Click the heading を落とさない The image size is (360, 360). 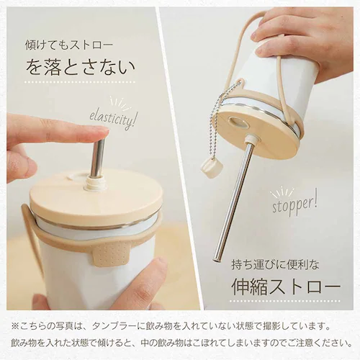[81, 67]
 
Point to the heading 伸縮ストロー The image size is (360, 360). [286, 287]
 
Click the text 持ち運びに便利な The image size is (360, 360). [276, 265]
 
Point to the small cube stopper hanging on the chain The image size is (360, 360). [207, 166]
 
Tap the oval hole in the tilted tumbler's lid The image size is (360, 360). [238, 122]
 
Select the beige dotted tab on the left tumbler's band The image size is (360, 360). [110, 253]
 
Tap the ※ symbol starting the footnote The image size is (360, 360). [14, 326]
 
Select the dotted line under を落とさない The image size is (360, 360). [79, 82]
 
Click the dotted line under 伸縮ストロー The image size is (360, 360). [286, 301]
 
